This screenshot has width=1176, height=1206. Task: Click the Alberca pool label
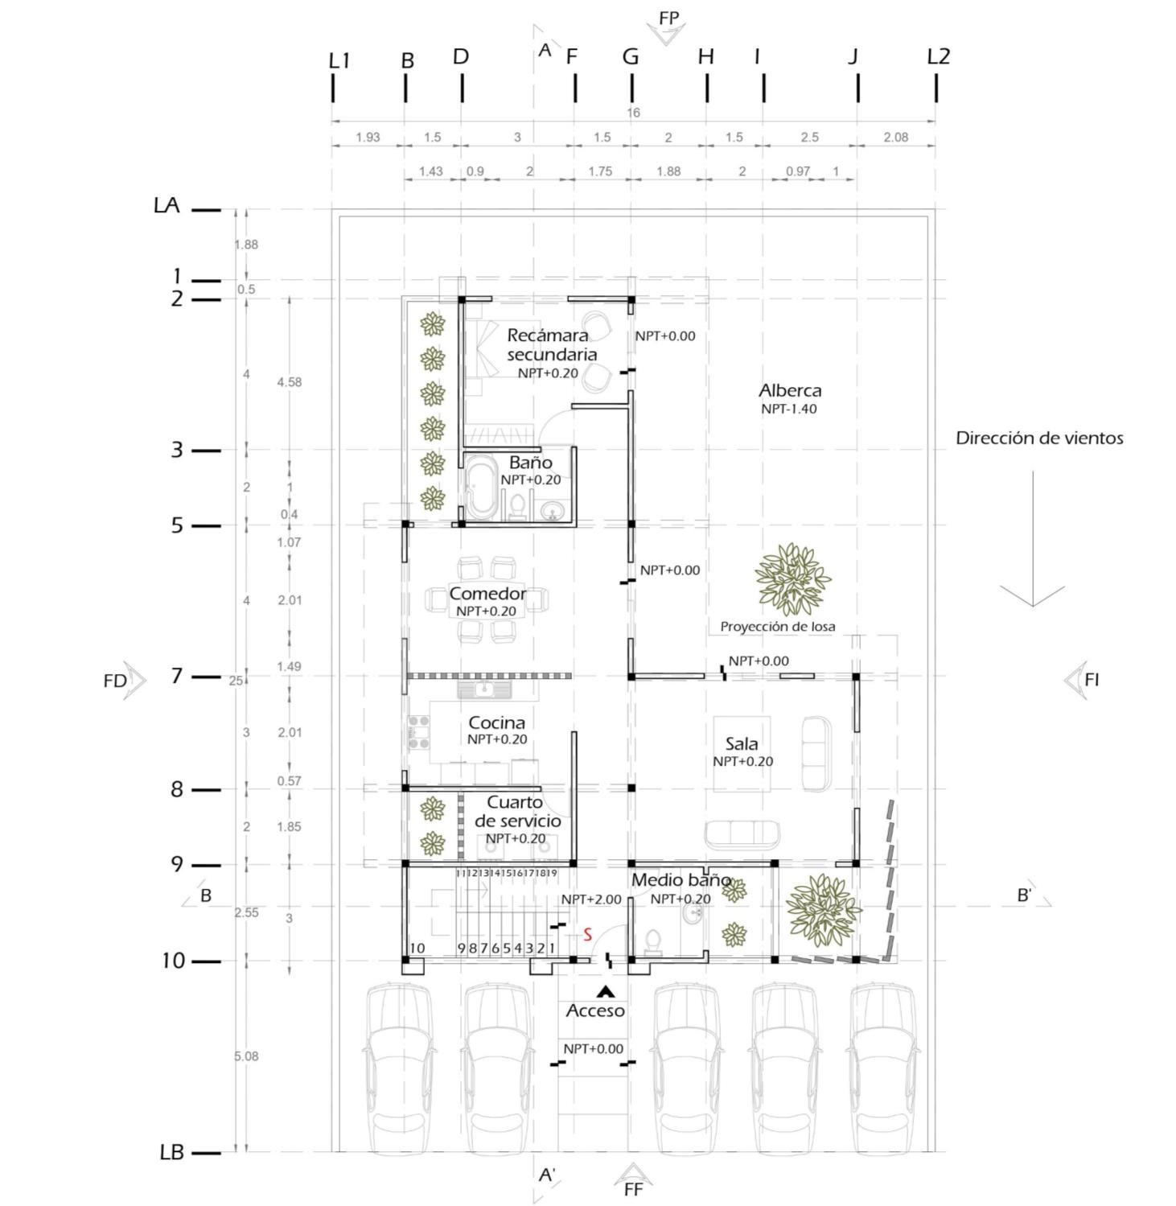click(x=790, y=391)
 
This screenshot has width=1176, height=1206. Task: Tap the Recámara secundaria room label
click(x=551, y=345)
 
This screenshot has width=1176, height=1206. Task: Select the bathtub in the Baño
click(x=483, y=488)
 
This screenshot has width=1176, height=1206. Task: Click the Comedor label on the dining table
click(x=487, y=594)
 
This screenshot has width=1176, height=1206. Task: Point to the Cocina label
click(x=496, y=722)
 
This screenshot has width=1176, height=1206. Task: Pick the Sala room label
click(x=741, y=744)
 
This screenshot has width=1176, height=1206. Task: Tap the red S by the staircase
click(x=588, y=935)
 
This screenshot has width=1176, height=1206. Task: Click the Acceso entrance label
click(x=595, y=1010)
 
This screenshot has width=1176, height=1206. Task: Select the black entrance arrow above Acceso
click(x=605, y=992)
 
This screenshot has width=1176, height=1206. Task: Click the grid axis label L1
click(x=339, y=60)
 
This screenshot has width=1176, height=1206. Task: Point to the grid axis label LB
click(x=172, y=1152)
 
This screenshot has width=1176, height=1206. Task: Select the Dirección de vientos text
click(x=1039, y=438)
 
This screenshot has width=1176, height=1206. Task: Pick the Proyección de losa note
click(x=777, y=627)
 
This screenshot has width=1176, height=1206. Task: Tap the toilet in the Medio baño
click(x=654, y=942)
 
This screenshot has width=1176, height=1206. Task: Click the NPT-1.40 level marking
click(x=789, y=409)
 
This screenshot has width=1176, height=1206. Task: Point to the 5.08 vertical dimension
click(x=246, y=1056)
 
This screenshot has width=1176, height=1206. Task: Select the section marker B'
click(x=1024, y=895)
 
